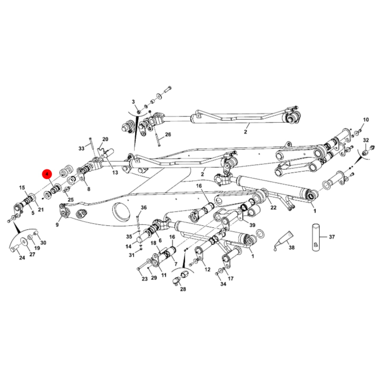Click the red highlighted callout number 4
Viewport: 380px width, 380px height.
pos(47,174)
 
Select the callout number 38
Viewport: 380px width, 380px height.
pos(291,247)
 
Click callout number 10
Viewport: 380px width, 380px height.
pos(366,120)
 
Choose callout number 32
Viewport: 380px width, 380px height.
pos(366,140)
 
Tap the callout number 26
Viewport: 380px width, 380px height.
pos(168,135)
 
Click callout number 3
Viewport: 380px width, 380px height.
pos(133,102)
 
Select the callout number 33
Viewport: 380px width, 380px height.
pos(82,149)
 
